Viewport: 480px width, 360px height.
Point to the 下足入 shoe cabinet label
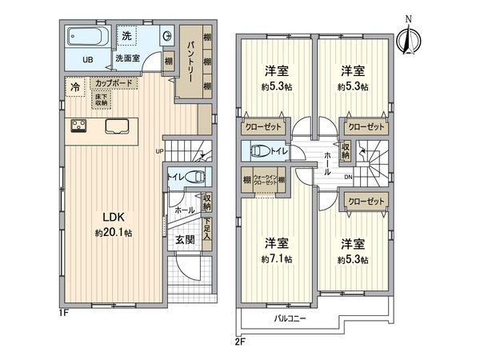pos(207,232)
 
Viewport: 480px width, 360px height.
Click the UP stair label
pos(159,151)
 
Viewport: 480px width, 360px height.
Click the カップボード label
pos(113,82)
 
